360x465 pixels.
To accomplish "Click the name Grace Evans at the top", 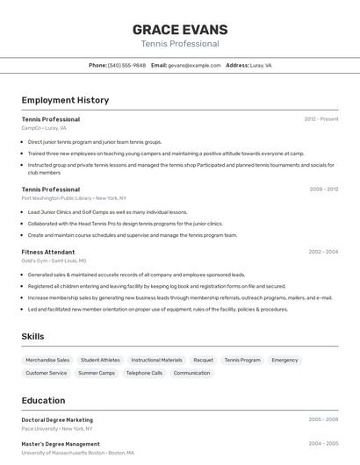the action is [x=180, y=30].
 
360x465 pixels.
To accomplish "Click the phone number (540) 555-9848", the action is [x=126, y=65].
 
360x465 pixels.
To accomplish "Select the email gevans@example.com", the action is [x=194, y=65].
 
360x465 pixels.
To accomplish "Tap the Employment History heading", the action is [x=65, y=100].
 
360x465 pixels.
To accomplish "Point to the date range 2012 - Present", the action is [x=321, y=119].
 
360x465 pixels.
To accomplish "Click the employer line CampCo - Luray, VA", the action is [x=44, y=128].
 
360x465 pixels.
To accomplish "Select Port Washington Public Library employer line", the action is [x=74, y=198].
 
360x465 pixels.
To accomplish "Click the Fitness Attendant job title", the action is [x=48, y=252].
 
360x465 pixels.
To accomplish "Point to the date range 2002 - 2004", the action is [x=323, y=252].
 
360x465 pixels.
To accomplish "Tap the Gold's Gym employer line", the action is [x=54, y=261].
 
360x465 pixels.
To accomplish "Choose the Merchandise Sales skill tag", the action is [x=47, y=360].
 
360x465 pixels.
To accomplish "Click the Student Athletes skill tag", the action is [x=100, y=360].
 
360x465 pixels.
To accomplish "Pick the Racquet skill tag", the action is [x=203, y=360].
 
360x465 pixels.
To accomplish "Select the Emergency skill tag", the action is [x=284, y=360].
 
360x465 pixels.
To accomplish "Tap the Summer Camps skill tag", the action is [x=97, y=373].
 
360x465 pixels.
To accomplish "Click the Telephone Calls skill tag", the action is [x=144, y=373].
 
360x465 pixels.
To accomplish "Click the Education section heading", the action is [x=43, y=400].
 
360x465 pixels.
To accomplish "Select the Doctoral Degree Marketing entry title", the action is [x=57, y=420].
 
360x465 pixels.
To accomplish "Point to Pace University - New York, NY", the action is [x=57, y=429].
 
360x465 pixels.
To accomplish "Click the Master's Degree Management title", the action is [x=61, y=444].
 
